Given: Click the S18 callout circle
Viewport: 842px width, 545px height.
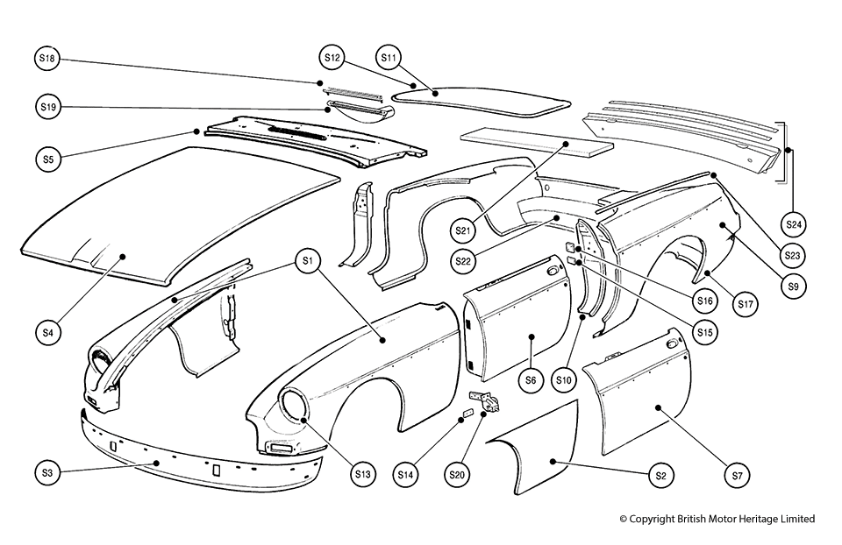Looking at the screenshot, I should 47,59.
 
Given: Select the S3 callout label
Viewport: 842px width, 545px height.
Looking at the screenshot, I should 47,473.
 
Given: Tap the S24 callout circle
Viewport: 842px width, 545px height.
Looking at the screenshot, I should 793,224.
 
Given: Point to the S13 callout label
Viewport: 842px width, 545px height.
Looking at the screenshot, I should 363,474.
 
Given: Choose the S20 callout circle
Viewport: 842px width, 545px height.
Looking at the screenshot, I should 456,474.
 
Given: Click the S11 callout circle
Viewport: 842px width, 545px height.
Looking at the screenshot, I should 389,58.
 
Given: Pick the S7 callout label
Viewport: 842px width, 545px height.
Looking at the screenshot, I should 737,474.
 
